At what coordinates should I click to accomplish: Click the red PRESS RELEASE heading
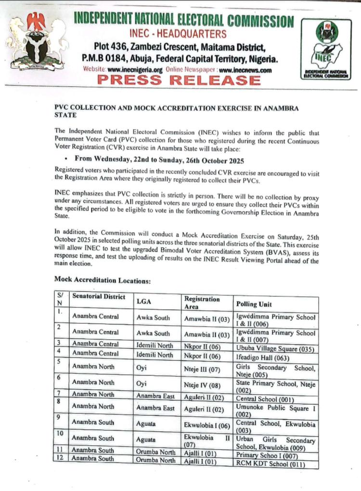pos(179,80)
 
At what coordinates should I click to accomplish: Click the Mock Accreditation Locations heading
pos(103,279)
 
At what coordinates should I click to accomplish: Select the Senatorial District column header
pos(99,296)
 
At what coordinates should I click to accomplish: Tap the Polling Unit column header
pos(254,304)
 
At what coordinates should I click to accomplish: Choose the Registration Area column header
pos(202,303)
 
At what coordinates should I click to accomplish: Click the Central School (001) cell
pos(264,399)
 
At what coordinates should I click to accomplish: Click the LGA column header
pos(144,301)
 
